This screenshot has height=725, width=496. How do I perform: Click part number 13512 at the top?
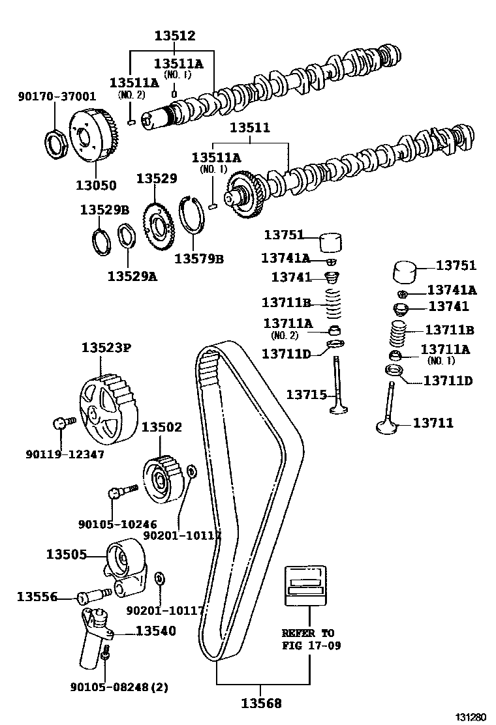(175, 36)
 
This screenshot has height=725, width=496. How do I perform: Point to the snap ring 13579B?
(193, 215)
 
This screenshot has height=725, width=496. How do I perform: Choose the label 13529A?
(132, 276)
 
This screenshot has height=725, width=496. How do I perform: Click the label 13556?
(37, 596)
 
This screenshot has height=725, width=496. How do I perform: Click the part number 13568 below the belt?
(261, 703)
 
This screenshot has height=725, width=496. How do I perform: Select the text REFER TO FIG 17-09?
(307, 639)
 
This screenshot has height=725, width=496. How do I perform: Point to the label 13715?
(307, 394)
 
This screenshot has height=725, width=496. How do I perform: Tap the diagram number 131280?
(471, 717)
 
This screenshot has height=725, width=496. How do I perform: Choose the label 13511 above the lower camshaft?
(253, 128)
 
